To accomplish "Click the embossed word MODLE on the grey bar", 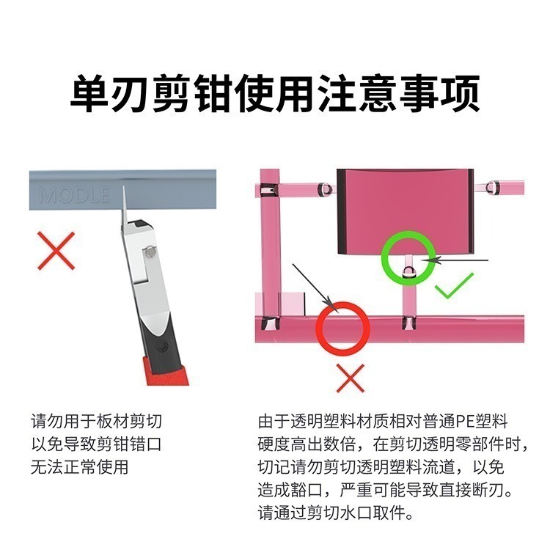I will click(x=74, y=196).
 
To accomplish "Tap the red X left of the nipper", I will click(x=56, y=249).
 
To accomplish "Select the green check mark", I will click(x=455, y=286).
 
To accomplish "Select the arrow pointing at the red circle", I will click(x=311, y=286).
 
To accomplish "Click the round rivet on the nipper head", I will click(x=150, y=252).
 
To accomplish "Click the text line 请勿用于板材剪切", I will click(x=96, y=422).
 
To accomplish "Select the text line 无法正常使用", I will click(x=79, y=467).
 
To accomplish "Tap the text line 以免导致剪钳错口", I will click(x=96, y=444).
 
